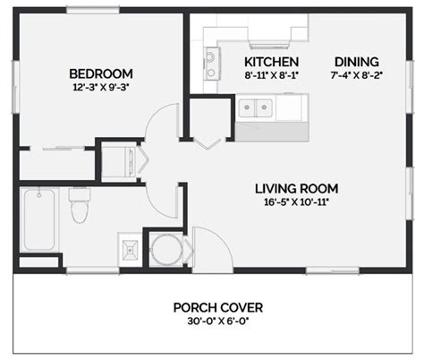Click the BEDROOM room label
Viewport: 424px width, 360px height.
coord(101,73)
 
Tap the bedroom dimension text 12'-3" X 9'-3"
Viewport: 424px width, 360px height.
coord(101,88)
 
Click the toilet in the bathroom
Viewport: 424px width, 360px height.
coord(78,208)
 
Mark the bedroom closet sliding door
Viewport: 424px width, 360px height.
coord(55,148)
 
